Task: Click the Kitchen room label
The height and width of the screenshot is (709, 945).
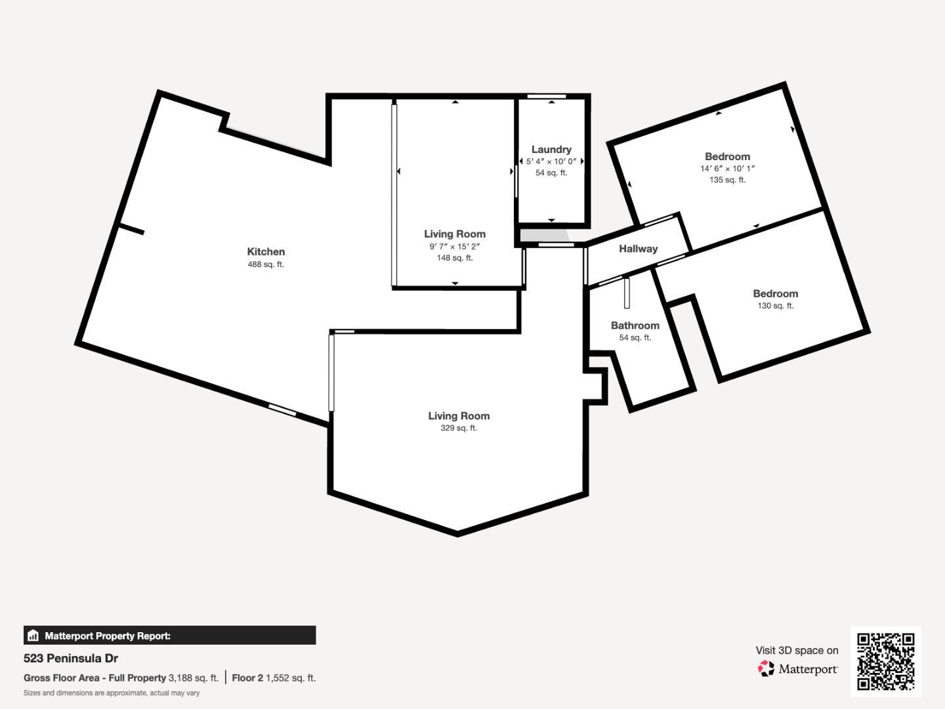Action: [266, 252]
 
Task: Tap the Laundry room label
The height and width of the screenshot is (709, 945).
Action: [551, 150]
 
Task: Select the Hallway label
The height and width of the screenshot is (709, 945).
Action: [638, 249]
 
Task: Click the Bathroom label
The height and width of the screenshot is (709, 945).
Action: [635, 326]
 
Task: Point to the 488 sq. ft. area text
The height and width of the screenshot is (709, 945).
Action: [266, 265]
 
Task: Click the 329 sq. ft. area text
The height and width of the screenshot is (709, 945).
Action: [459, 428]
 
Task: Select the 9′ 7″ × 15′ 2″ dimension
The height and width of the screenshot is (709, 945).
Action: [455, 247]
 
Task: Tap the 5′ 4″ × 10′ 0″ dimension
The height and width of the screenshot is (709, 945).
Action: [551, 161]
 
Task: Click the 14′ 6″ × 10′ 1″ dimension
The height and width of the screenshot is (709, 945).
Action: [727, 169]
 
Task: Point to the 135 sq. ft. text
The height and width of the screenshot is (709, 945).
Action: [727, 180]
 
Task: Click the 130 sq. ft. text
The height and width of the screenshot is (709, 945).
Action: [776, 306]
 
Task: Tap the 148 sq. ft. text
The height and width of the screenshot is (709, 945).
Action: [455, 258]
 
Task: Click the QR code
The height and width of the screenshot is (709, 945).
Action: [885, 661]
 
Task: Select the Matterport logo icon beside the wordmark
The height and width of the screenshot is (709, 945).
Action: [766, 668]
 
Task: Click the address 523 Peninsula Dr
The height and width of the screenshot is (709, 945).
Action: [71, 658]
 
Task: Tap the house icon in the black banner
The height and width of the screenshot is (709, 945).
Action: [33, 635]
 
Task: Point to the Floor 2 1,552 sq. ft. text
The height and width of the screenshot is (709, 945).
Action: [274, 678]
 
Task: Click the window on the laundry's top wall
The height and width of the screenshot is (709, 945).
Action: [547, 97]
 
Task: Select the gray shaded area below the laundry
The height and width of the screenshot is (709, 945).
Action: [544, 236]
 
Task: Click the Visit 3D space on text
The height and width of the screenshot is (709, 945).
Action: [797, 651]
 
